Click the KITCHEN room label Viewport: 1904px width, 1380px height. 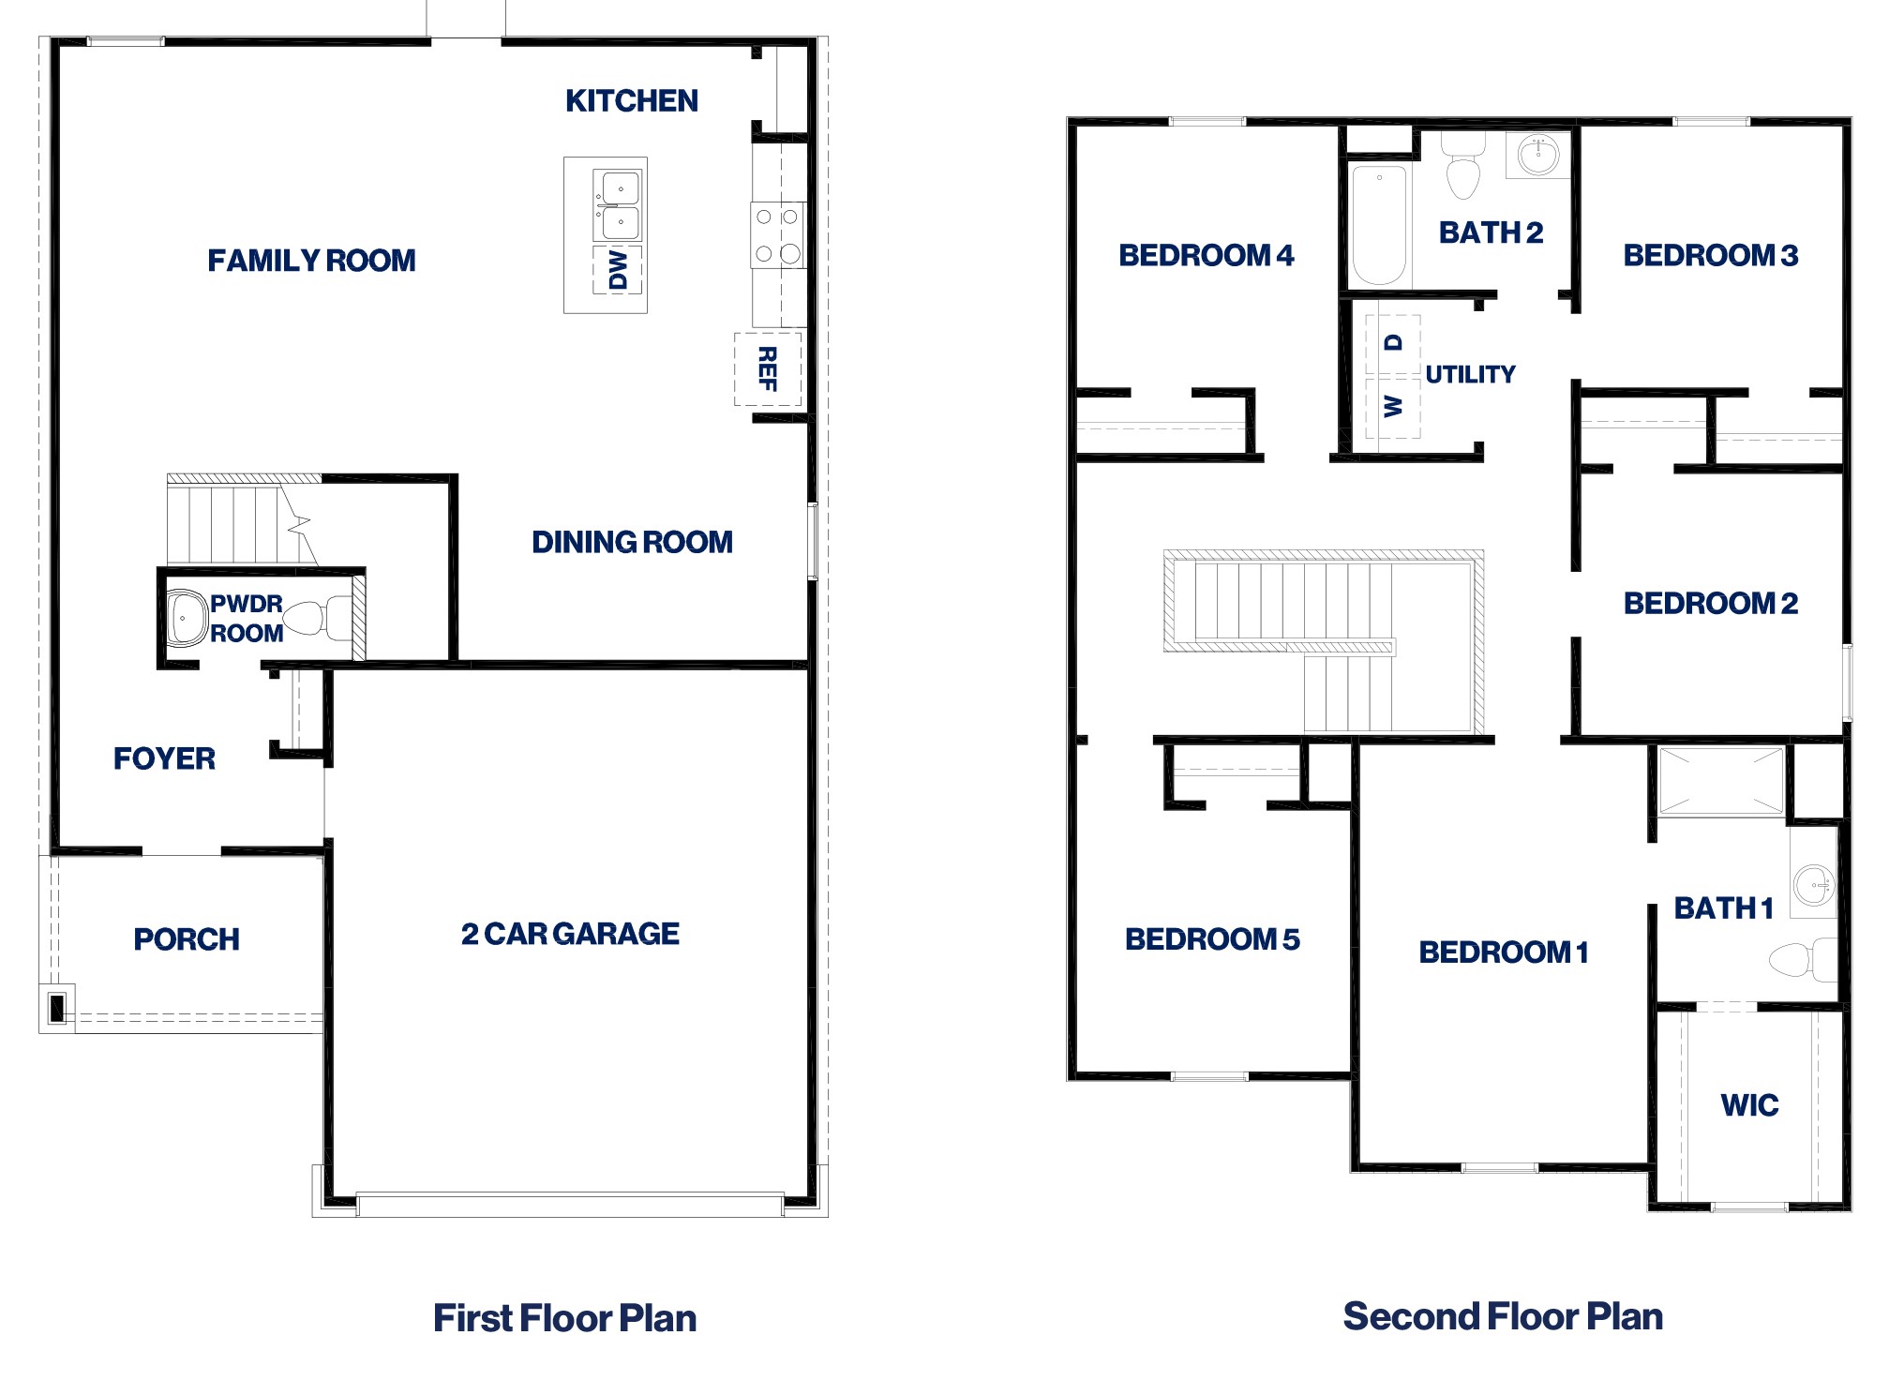click(x=631, y=100)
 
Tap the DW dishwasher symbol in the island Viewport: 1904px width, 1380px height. click(x=618, y=270)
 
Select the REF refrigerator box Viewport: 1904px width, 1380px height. click(x=768, y=368)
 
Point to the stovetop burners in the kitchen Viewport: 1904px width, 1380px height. click(x=777, y=235)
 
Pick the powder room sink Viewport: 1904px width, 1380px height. click(x=187, y=618)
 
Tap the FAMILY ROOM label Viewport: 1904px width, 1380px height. click(x=311, y=260)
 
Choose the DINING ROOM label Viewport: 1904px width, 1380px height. click(x=632, y=542)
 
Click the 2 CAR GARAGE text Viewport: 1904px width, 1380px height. click(x=570, y=934)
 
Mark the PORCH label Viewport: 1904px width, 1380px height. click(x=187, y=939)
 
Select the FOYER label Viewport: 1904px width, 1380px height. click(x=164, y=758)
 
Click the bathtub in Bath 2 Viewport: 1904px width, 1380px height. click(x=1380, y=226)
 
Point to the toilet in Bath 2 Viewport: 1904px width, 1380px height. click(x=1462, y=166)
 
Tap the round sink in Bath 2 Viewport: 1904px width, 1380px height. click(x=1537, y=155)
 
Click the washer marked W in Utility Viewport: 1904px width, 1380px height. click(x=1393, y=407)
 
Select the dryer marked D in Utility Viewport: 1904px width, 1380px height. click(x=1393, y=344)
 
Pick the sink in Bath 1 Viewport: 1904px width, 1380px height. click(x=1814, y=884)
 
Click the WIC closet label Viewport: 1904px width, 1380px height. click(x=1749, y=1105)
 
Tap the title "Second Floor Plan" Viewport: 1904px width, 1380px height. click(x=1503, y=1316)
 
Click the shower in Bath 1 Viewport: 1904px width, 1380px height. click(x=1721, y=780)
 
